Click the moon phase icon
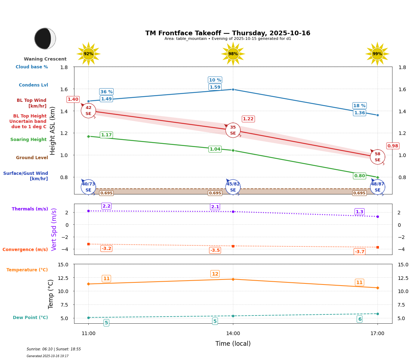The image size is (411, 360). click(45, 38)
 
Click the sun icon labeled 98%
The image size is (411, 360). click(233, 54)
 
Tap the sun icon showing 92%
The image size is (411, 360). click(88, 54)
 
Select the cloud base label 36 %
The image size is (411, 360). click(106, 92)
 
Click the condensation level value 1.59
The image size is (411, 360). click(215, 87)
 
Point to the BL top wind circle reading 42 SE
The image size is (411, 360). click(88, 111)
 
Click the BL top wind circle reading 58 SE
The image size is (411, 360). click(377, 157)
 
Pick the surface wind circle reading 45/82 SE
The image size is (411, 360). click(233, 187)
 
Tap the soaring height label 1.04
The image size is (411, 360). click(215, 149)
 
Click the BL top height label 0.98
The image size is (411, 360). click(392, 146)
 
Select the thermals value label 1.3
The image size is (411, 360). click(359, 212)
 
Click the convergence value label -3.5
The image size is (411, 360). click(215, 250)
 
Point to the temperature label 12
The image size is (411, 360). click(215, 274)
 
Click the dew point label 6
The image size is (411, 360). click(359, 319)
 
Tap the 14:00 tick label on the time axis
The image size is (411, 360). click(233, 334)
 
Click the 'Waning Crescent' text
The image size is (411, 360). click(45, 59)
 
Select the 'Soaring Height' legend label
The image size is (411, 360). click(28, 140)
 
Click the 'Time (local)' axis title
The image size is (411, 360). click(233, 344)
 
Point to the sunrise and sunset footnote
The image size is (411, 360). click(54, 349)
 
